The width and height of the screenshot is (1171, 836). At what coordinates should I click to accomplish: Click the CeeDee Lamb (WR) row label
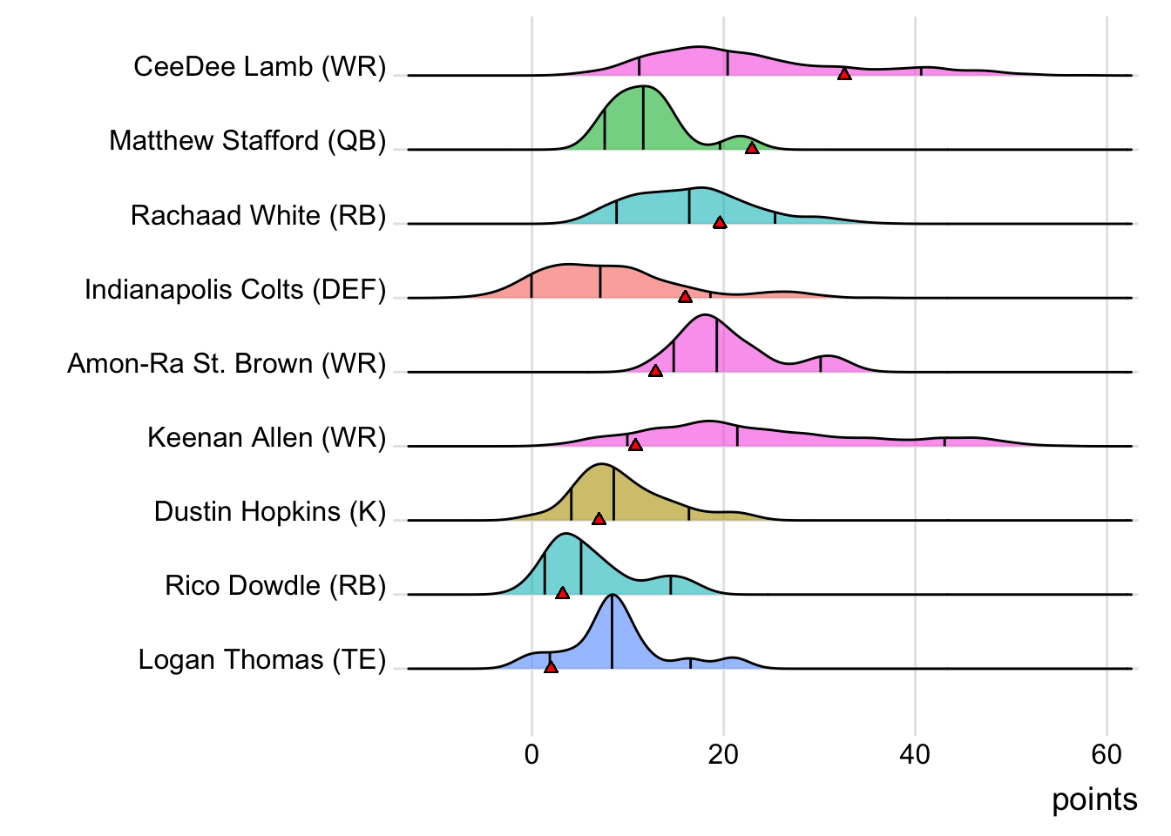tap(260, 67)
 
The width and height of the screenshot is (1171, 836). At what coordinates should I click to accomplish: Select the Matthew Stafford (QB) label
tap(247, 141)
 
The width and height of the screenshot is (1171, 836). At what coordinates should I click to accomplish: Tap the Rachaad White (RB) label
tap(258, 215)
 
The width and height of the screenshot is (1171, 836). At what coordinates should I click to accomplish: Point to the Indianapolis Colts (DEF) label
tap(235, 289)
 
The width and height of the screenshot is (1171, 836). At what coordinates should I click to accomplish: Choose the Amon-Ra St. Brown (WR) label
tap(227, 363)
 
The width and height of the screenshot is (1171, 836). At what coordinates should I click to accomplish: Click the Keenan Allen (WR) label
tap(267, 437)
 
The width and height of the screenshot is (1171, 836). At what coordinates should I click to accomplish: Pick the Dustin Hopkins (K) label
tap(270, 511)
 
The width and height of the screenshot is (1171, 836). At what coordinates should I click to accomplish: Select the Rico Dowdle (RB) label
tap(275, 585)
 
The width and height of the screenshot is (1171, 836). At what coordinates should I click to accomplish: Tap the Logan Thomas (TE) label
tap(262, 660)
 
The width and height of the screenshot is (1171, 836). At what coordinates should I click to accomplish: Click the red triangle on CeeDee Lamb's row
tap(844, 74)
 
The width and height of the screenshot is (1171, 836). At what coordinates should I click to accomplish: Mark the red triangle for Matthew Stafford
tap(752, 148)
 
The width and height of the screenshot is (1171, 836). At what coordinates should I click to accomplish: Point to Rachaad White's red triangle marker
tap(720, 223)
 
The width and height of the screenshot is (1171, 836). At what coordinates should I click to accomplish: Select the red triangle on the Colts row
tap(685, 297)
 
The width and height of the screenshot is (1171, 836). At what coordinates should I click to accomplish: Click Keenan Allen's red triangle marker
tap(636, 445)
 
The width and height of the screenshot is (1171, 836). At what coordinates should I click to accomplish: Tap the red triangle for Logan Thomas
tap(551, 667)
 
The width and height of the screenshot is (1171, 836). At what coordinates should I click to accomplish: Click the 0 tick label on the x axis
tap(532, 754)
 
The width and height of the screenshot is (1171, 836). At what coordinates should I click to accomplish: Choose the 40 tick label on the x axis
tap(915, 754)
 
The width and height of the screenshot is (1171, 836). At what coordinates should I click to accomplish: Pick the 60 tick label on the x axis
tap(1107, 754)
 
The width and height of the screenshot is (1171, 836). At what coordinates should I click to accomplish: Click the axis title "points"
tap(1094, 799)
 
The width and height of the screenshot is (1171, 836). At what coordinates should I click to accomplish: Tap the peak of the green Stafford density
tap(642, 86)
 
